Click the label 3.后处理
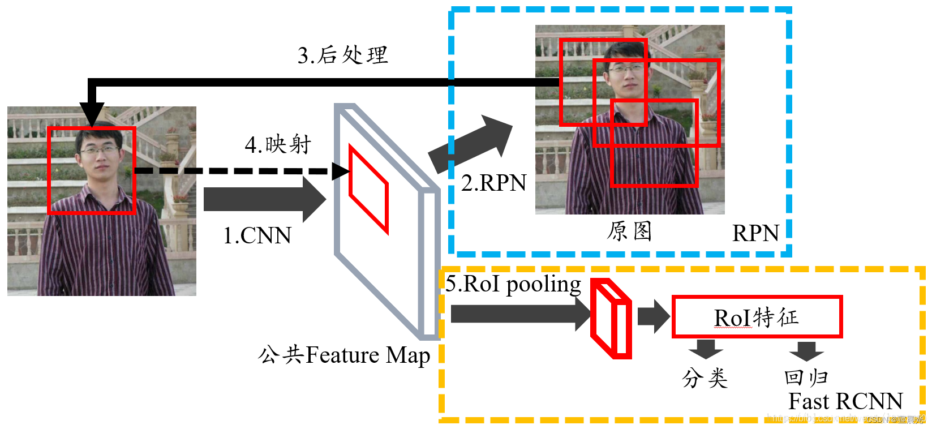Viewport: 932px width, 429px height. click(x=342, y=55)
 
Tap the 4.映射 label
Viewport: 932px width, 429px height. click(x=278, y=145)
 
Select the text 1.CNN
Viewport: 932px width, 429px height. click(x=257, y=235)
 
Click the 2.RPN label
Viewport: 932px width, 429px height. click(x=493, y=183)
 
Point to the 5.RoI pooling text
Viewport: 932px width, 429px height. click(x=513, y=284)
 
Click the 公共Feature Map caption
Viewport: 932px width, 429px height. click(x=343, y=355)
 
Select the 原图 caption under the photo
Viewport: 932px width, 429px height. click(x=629, y=231)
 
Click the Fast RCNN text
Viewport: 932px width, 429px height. click(x=845, y=401)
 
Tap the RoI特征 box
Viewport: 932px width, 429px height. click(x=757, y=317)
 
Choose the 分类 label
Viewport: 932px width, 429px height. click(x=705, y=377)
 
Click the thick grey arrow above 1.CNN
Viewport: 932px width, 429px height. click(x=263, y=199)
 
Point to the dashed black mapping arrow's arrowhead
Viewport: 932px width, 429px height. click(x=341, y=171)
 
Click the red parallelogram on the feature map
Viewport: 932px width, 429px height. click(x=368, y=189)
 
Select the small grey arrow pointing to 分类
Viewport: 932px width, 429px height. click(x=706, y=349)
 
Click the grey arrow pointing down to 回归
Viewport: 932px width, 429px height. click(x=806, y=350)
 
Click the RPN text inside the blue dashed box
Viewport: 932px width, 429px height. click(x=755, y=233)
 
